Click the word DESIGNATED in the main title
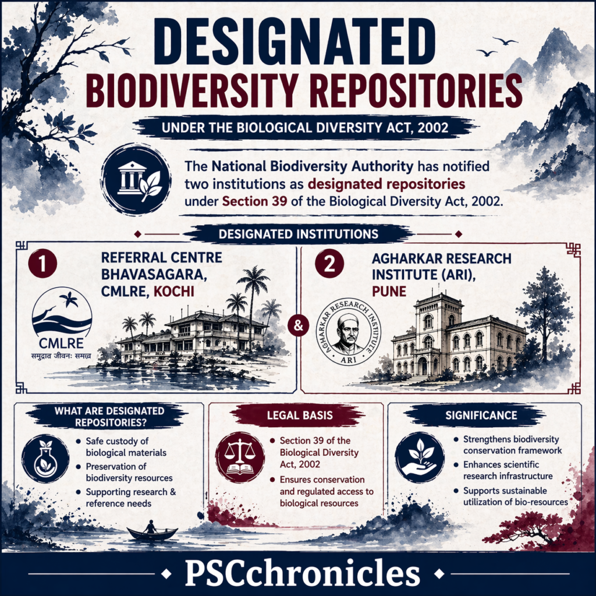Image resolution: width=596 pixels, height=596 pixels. click(297, 42)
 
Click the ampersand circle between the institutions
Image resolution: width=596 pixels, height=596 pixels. click(298, 326)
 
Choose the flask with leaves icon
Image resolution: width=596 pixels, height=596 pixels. click(44, 456)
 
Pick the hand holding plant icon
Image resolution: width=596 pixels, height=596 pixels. click(417, 456)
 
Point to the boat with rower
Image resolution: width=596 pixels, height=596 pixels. click(152, 531)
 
